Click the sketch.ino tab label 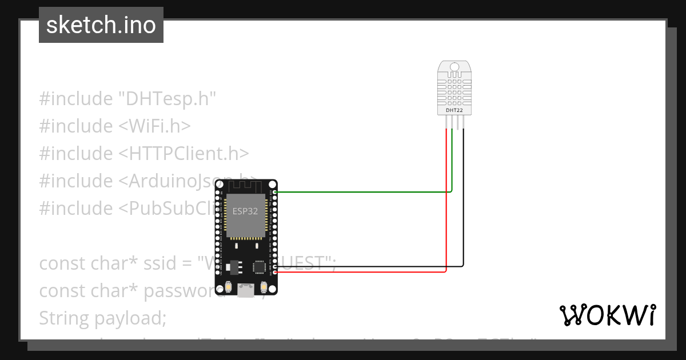(x=101, y=25)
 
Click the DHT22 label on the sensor (x=454, y=109)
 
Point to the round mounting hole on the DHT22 (x=454, y=67)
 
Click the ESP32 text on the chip (x=245, y=211)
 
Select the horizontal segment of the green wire (x=366, y=192)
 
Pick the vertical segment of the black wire (x=463, y=200)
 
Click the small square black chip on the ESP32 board (x=260, y=267)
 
